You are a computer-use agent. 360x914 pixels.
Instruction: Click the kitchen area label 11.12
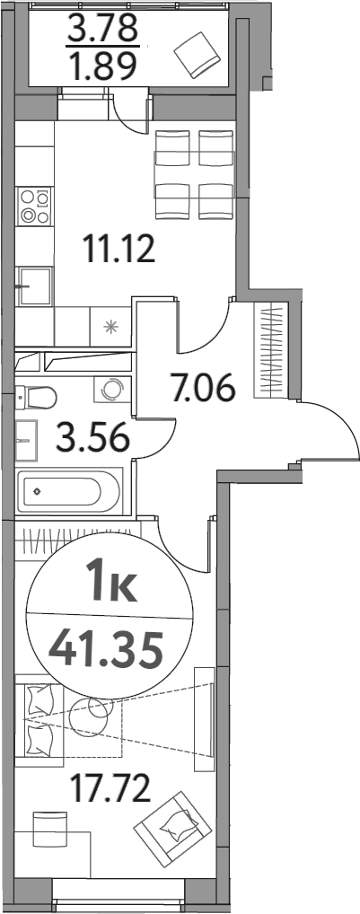click(x=119, y=247)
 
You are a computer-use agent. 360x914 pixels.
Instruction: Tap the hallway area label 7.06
click(x=204, y=389)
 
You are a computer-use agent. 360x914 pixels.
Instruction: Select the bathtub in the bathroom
click(x=69, y=491)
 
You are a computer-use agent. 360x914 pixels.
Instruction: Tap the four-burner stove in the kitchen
click(x=35, y=206)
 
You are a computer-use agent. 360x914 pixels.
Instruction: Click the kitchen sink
click(x=35, y=286)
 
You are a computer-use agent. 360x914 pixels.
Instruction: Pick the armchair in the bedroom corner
click(x=171, y=823)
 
